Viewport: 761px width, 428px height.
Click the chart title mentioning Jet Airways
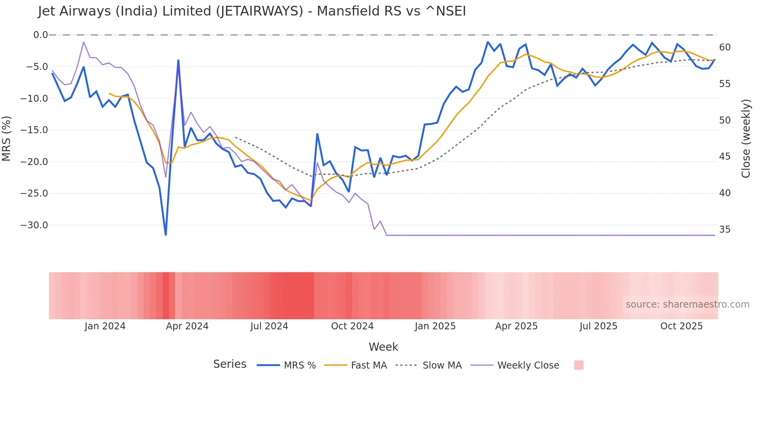click(252, 11)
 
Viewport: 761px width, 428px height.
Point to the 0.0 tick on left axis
click(40, 35)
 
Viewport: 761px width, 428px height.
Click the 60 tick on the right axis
click(725, 47)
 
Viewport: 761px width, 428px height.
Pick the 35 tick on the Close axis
click(725, 230)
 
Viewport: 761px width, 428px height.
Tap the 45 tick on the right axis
click(725, 157)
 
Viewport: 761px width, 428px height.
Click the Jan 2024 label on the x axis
click(105, 326)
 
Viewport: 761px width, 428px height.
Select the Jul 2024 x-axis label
click(269, 326)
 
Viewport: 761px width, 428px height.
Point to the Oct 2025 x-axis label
click(681, 326)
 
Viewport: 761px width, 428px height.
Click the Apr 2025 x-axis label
click(516, 326)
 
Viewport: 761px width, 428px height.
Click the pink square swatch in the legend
click(579, 365)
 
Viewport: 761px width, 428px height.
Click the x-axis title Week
click(383, 347)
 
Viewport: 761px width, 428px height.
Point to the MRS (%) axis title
click(7, 138)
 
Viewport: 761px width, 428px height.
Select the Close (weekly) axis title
click(746, 139)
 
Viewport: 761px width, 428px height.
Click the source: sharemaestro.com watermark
click(687, 304)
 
